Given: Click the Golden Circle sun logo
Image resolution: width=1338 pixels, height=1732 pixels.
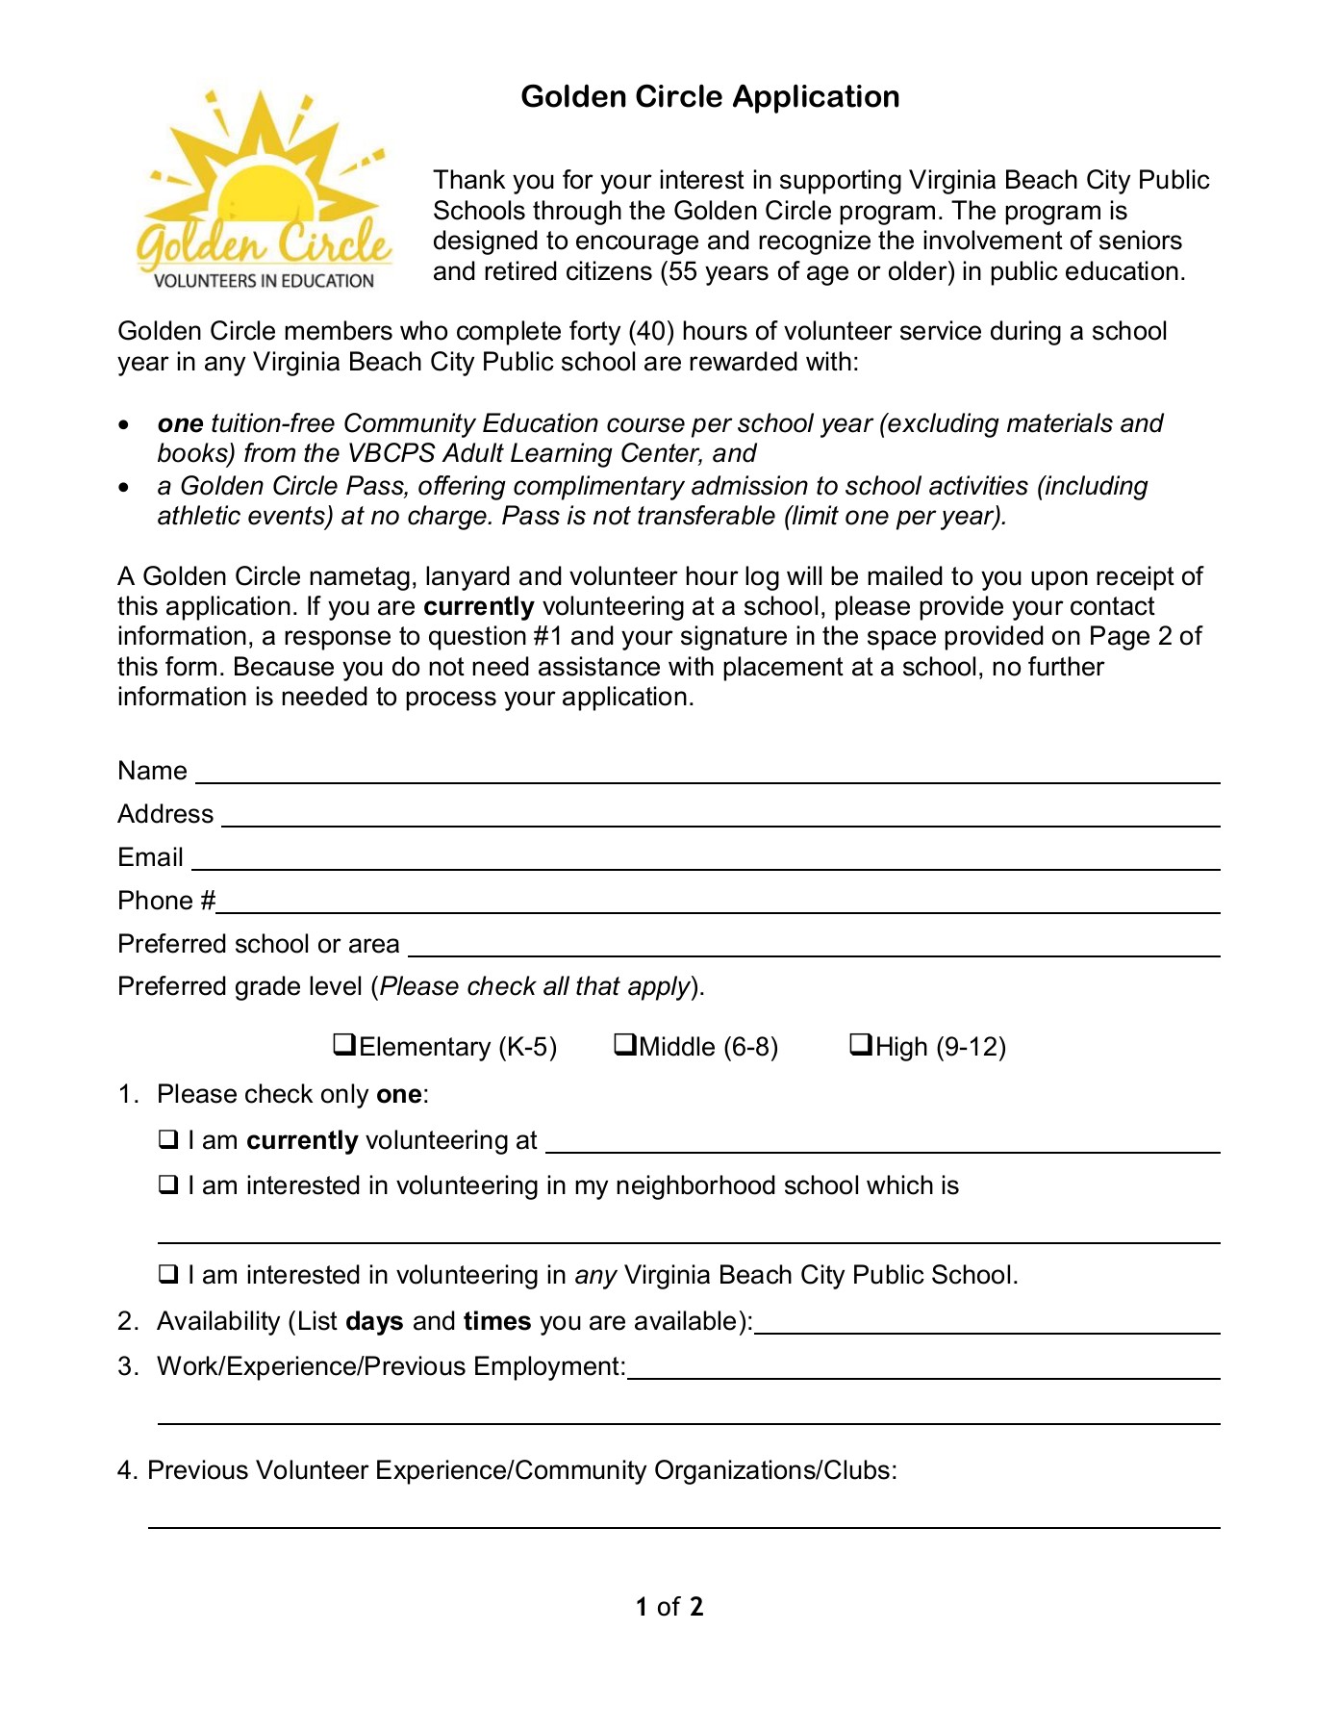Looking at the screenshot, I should coord(264,183).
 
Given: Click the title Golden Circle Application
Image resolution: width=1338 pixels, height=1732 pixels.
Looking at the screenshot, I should coord(710,97).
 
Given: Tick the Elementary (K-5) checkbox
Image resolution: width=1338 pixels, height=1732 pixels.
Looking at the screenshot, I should coord(344,1044).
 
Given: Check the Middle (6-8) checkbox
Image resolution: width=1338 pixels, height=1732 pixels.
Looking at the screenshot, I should coord(625,1044).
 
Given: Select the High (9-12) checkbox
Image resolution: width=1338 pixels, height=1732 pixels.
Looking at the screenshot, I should coord(861,1044).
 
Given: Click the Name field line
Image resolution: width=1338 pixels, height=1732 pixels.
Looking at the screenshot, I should coord(707,774).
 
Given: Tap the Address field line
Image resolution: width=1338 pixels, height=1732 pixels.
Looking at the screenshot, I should coord(719,817).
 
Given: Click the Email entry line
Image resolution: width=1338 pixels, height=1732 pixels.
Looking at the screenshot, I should coord(705,860).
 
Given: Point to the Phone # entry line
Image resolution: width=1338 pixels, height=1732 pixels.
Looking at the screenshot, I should coord(718,904).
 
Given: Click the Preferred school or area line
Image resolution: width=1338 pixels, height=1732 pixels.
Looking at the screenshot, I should coord(814,947).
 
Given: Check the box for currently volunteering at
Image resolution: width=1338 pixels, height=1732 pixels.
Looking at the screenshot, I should coord(169,1140).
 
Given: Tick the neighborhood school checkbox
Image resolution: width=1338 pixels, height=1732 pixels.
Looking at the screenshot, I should coord(169,1185).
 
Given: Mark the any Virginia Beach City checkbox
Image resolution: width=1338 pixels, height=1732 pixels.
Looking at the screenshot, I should coord(169,1275).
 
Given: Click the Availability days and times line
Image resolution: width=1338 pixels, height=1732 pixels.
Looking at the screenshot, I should coord(987,1324).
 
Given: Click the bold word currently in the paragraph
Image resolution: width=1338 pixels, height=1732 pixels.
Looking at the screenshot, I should coord(478,607).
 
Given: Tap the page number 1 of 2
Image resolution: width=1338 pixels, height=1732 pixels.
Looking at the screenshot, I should coord(669,1607).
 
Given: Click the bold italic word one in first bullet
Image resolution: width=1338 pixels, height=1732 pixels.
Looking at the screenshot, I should coord(180,424).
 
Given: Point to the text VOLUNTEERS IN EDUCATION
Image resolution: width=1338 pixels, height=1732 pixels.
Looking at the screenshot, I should coord(264,281).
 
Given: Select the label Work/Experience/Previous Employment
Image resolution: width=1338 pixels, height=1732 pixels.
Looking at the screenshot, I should coord(391,1367).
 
